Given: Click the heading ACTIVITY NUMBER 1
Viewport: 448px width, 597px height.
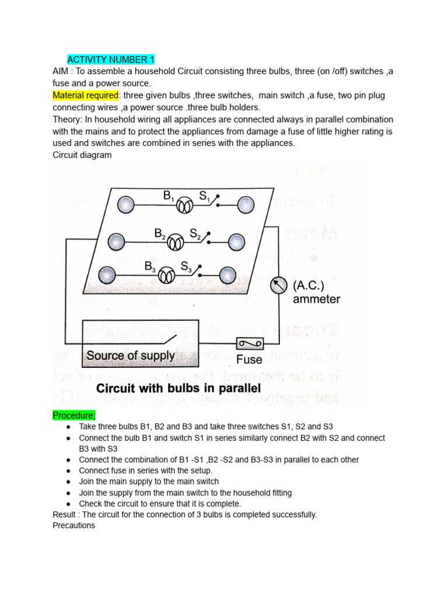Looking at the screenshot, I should [111, 59].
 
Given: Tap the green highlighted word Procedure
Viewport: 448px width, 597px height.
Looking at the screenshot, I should [73, 416].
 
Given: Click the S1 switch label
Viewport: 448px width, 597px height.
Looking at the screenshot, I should [205, 197].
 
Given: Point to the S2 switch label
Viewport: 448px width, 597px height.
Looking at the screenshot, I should [195, 234].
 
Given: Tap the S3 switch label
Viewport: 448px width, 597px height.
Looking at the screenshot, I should [186, 267].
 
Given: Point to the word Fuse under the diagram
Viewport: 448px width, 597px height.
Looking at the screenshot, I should [249, 359].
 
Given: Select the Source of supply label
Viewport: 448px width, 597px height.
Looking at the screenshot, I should [130, 355].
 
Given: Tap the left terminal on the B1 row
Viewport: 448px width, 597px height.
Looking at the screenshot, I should [125, 205].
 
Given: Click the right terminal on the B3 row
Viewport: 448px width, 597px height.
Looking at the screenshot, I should [227, 274].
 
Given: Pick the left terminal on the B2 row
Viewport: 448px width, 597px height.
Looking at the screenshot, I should [116, 241].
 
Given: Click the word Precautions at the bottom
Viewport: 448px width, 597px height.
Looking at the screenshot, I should [73, 525].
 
